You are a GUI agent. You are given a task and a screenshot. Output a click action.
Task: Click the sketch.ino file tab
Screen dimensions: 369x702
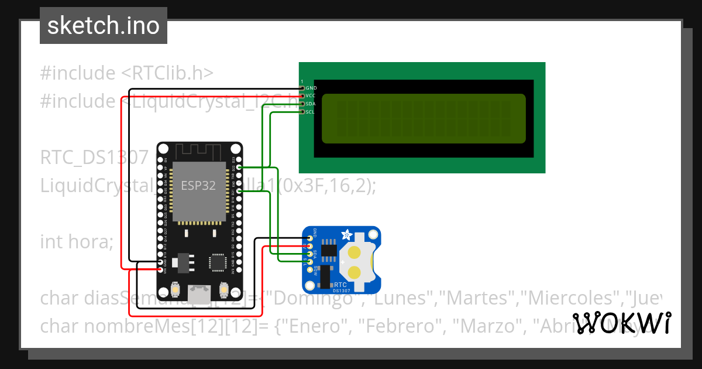coord(104,26)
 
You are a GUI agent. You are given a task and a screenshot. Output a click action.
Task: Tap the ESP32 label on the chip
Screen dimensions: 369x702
coord(198,186)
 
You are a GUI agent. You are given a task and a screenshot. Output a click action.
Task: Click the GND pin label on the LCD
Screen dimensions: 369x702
coord(311,88)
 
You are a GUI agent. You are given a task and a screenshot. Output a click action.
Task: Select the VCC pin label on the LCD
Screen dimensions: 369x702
coord(311,95)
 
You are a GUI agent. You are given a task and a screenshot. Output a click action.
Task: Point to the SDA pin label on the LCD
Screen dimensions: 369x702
coord(311,104)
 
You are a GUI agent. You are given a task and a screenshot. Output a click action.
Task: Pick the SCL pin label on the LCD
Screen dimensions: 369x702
coord(311,111)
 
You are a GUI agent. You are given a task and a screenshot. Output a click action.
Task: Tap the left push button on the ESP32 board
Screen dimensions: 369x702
coord(175,289)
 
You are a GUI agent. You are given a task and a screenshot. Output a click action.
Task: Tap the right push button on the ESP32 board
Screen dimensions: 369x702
coord(223,289)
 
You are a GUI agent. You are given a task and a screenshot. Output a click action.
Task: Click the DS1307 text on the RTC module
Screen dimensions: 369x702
coord(341,290)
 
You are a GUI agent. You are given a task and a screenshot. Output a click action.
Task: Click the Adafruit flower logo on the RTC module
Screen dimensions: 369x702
coord(346,235)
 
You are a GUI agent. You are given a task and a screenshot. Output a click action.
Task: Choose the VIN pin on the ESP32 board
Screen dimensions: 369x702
coord(161,270)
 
